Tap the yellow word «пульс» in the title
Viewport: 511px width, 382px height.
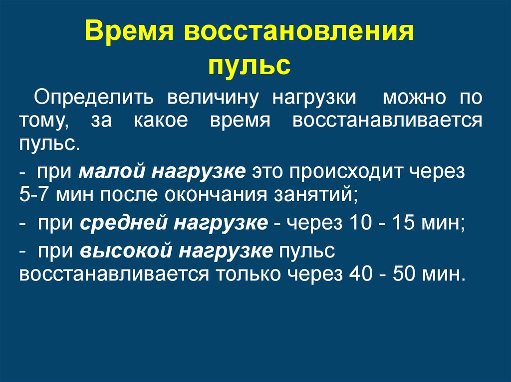coord(250,65)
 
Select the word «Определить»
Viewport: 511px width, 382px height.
coord(93,98)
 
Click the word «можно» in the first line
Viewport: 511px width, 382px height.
coord(414,98)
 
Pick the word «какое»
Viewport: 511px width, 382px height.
coord(161,121)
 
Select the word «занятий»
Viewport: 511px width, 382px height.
coord(315,195)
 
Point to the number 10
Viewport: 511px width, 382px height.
coord(360,223)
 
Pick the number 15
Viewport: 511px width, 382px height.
coord(403,223)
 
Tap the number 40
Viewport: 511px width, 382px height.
coord(360,274)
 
